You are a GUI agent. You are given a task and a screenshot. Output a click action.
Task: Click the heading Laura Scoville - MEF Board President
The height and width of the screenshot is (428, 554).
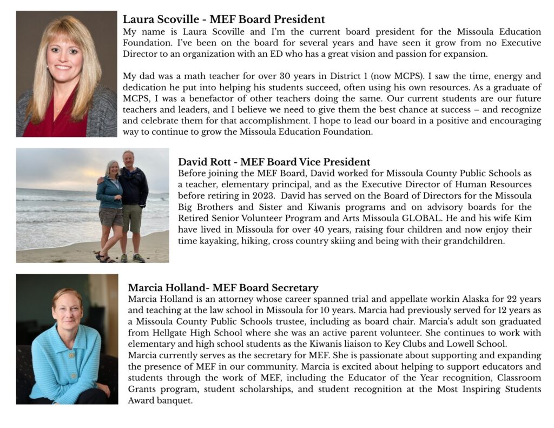click(x=223, y=20)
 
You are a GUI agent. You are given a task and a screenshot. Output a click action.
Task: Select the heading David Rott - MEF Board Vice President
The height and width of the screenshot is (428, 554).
click(x=274, y=162)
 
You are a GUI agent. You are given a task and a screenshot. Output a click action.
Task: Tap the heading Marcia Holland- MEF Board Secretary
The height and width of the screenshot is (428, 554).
click(x=223, y=288)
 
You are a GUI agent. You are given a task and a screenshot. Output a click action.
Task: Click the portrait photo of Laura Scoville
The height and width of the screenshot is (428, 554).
click(x=67, y=74)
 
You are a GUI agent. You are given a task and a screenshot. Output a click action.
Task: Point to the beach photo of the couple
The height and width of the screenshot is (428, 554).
click(x=93, y=206)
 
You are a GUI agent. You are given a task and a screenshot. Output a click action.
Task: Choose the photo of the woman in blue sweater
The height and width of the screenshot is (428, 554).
click(x=67, y=339)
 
